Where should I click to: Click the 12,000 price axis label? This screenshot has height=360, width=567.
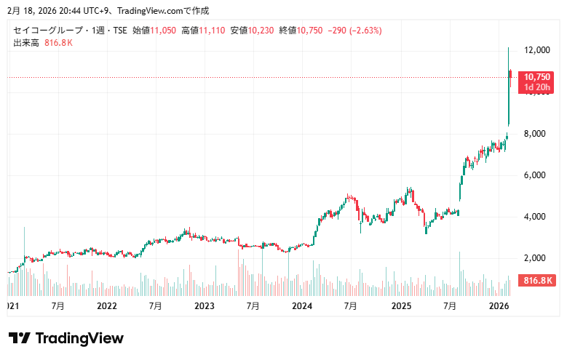pos(536,50)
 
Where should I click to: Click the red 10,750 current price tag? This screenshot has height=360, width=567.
pos(537,76)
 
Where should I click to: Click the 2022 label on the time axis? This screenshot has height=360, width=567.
pos(107,306)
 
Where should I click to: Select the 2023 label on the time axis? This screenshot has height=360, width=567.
pos(205,306)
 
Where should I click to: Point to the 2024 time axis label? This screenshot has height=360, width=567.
pos(302,306)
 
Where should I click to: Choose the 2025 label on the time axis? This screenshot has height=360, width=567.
pos(400,306)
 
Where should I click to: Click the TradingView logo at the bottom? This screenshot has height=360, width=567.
pos(66,338)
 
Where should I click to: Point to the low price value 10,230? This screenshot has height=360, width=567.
pos(263,31)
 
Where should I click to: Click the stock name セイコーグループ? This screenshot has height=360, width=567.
pos(48,31)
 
